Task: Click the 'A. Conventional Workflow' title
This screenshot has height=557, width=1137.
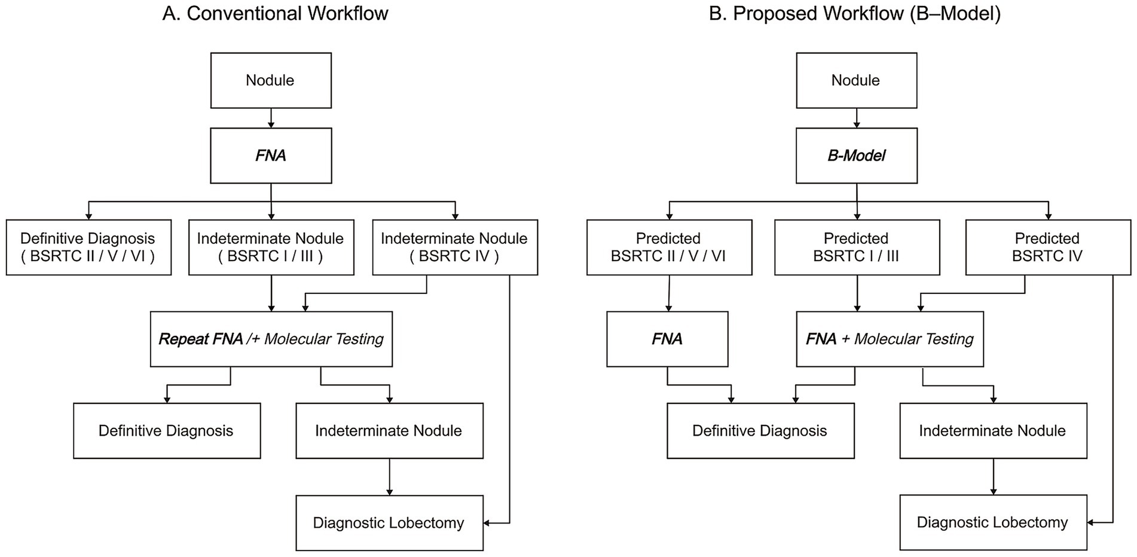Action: [x=275, y=14]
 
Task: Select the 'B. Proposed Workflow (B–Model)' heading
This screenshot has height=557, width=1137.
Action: [x=855, y=14]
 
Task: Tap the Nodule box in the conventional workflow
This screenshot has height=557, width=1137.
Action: [x=271, y=81]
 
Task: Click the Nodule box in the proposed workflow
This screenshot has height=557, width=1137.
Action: [x=856, y=81]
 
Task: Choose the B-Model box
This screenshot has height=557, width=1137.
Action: [x=856, y=156]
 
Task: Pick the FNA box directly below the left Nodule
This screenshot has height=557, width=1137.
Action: [x=271, y=156]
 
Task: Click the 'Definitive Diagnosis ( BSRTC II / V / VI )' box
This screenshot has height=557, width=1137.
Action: [x=88, y=247]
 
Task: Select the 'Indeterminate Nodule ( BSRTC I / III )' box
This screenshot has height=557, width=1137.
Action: [x=271, y=247]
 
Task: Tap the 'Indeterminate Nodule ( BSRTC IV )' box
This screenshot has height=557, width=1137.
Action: [x=454, y=247]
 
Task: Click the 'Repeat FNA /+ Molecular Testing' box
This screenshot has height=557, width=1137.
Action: [x=271, y=339]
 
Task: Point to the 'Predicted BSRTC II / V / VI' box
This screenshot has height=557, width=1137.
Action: [x=669, y=247]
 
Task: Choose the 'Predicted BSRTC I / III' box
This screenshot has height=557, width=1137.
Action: [x=857, y=247]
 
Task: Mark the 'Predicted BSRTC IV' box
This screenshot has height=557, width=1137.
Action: [x=1047, y=247]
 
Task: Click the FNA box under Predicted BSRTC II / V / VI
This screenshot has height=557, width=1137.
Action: [x=667, y=339]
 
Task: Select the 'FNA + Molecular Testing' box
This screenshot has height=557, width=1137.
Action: [x=890, y=339]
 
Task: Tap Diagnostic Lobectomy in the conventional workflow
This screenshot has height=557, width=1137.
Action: [x=389, y=523]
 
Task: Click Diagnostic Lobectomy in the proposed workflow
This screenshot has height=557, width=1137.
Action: [x=993, y=522]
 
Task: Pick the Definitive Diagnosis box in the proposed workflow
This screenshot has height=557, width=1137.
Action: [x=760, y=431]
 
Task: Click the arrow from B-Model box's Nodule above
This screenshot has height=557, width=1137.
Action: [x=856, y=118]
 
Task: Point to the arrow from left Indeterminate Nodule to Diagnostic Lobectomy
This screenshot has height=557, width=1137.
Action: [x=389, y=477]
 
